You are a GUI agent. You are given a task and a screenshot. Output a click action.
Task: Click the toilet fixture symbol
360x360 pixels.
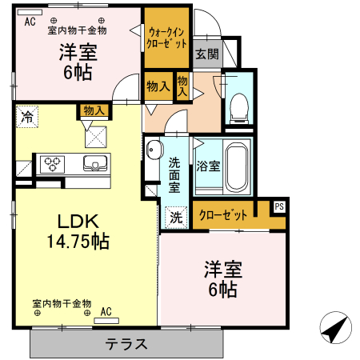click(x=239, y=109)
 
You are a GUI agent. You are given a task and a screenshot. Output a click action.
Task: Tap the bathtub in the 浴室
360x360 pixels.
click(x=236, y=167)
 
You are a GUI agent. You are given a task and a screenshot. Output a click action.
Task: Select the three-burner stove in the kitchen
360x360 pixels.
click(x=52, y=164)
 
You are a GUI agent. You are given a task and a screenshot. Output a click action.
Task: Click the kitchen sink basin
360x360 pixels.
click(x=95, y=163)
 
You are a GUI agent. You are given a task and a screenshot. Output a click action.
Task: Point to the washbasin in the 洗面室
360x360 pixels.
click(x=154, y=150)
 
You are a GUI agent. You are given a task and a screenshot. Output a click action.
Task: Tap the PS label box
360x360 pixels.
click(x=279, y=206)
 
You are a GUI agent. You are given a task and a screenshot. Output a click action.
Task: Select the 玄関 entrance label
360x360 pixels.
click(x=207, y=54)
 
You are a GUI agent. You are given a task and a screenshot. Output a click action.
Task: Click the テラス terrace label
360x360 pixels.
click(x=126, y=344)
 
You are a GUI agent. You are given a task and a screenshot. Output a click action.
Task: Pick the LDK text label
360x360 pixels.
click(x=78, y=222)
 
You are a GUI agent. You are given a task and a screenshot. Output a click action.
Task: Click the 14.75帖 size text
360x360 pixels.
click(x=78, y=241)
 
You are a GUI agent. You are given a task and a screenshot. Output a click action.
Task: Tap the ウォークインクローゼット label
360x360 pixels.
click(x=166, y=38)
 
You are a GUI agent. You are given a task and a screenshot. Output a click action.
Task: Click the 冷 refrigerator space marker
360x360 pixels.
click(x=27, y=117)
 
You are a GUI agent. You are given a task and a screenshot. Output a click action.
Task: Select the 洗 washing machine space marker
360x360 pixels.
click(x=176, y=218)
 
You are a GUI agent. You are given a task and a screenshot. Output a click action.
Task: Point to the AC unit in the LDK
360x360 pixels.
click(x=106, y=321)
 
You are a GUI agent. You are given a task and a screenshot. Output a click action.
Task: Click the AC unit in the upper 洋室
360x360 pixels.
click(x=30, y=12)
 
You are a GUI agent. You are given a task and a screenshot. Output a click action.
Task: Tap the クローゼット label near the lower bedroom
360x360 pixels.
click(x=223, y=214)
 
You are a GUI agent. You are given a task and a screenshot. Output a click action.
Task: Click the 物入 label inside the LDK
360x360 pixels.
click(x=94, y=110)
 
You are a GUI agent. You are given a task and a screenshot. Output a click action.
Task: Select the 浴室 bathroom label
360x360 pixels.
click(x=208, y=166)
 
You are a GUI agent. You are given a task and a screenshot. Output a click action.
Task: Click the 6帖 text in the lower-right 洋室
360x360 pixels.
click(x=223, y=290)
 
